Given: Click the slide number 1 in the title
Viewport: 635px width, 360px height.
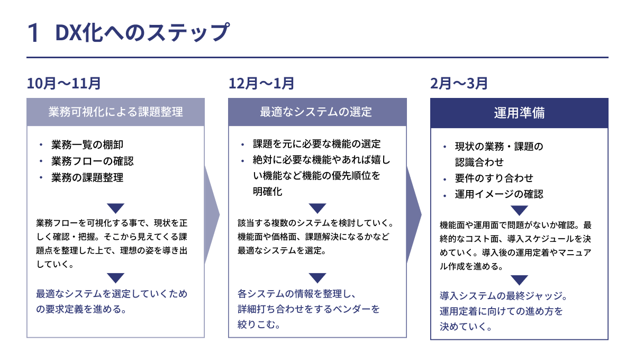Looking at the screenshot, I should point(34,33).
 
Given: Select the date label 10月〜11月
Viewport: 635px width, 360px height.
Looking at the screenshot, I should point(64,83).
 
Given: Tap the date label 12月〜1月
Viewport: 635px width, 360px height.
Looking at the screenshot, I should point(262,83).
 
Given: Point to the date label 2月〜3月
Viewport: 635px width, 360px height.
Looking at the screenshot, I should point(459,83).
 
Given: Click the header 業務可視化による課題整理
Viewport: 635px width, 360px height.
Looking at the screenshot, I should point(115,112).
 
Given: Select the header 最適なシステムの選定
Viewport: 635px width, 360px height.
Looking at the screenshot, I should point(317,112).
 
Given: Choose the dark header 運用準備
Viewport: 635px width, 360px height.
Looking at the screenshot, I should point(519,113).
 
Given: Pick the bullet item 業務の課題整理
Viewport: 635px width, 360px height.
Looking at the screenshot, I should point(87,178).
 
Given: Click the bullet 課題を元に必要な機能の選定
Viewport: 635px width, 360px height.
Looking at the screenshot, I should point(316,144).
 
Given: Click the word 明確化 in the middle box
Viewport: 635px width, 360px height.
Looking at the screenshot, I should point(267,192).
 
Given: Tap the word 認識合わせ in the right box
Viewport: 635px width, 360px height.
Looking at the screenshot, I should point(479,162).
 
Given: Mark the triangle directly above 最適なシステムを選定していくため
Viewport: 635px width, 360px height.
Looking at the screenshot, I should point(115,277).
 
